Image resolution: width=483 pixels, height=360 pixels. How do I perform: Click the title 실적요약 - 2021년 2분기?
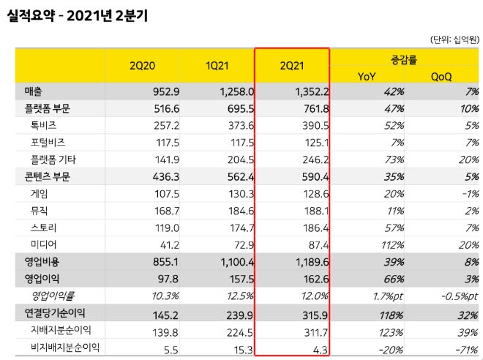[x=77, y=15]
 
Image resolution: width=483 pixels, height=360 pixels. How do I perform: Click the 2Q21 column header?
[x=291, y=65]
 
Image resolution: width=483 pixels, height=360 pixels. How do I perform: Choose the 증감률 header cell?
[x=405, y=56]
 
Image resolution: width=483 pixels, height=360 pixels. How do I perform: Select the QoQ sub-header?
[x=442, y=75]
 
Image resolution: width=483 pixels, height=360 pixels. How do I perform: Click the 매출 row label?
[x=33, y=91]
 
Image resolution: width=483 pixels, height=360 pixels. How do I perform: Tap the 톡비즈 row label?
[x=45, y=125]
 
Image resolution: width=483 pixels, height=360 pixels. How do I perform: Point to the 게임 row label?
[x=40, y=193]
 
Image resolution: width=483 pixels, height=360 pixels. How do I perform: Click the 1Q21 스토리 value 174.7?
[x=237, y=227]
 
